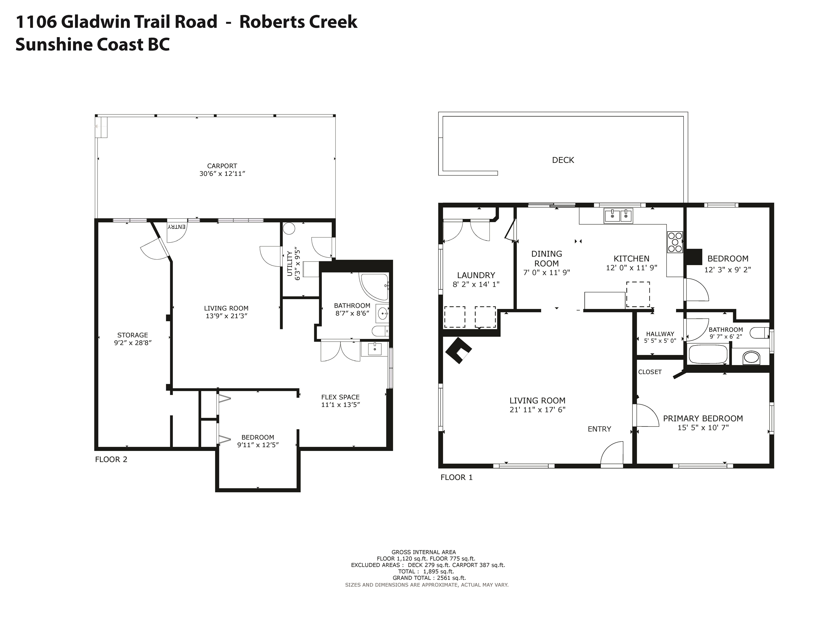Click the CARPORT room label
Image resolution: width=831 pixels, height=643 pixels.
222,166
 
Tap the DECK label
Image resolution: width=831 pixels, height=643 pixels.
563,160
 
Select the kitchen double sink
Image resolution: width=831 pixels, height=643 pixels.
618,216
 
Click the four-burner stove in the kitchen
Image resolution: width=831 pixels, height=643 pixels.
675,242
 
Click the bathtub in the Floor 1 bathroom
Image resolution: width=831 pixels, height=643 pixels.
708,354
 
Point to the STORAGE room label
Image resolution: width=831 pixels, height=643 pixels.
132,335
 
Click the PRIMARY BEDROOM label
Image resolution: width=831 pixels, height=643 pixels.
703,419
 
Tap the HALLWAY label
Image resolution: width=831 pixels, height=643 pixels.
660,334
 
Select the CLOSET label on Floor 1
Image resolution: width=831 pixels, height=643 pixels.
650,372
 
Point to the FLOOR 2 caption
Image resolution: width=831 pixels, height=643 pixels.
111,459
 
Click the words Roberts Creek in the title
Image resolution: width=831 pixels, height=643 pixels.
298,22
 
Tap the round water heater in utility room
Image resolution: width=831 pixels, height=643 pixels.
289,228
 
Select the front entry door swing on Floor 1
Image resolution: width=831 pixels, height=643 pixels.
612,453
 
